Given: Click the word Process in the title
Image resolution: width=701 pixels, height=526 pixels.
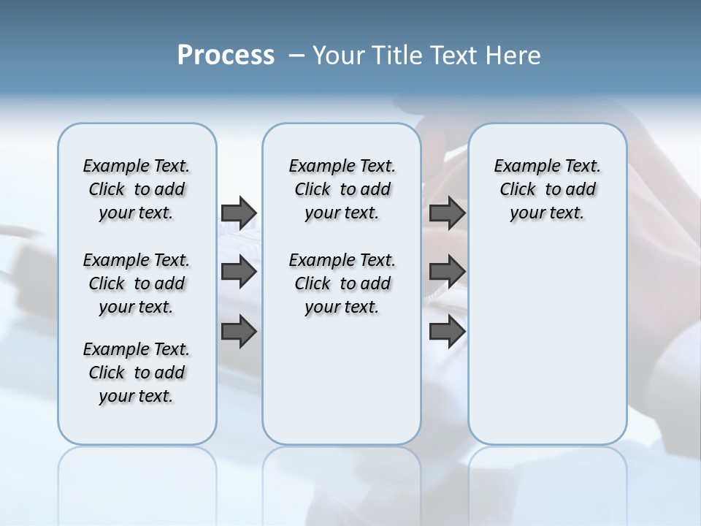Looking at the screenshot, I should point(226,56).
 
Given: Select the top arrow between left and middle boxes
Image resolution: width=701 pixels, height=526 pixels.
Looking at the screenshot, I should point(239,213).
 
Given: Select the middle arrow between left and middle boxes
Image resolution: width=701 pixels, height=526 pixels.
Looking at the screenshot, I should point(239,272).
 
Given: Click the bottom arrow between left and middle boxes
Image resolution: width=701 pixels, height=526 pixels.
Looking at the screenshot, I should point(239,332).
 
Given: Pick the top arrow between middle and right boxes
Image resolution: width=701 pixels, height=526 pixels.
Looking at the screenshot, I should point(448,213).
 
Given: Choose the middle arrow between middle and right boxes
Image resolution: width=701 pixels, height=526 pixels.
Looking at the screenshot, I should point(448,272).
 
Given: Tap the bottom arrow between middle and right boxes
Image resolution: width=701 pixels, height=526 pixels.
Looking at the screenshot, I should point(448,332).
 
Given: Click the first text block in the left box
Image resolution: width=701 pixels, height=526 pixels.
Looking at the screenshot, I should point(137,189).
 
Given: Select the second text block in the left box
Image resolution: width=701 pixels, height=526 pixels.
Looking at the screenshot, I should point(137,283).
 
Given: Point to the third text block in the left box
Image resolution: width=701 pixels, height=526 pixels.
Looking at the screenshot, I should point(137,373).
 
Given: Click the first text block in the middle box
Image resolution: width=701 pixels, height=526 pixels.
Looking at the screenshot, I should point(342,189).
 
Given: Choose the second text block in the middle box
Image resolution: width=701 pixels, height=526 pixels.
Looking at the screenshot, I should point(342,283).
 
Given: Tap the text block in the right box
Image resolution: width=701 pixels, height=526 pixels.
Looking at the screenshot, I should point(547,189).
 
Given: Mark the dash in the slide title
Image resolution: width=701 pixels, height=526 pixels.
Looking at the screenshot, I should point(296,56).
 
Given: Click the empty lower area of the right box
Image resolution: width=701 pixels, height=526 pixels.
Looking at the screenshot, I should point(547,351).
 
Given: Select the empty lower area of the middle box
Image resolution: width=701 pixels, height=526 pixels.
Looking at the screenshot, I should point(342,380).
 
